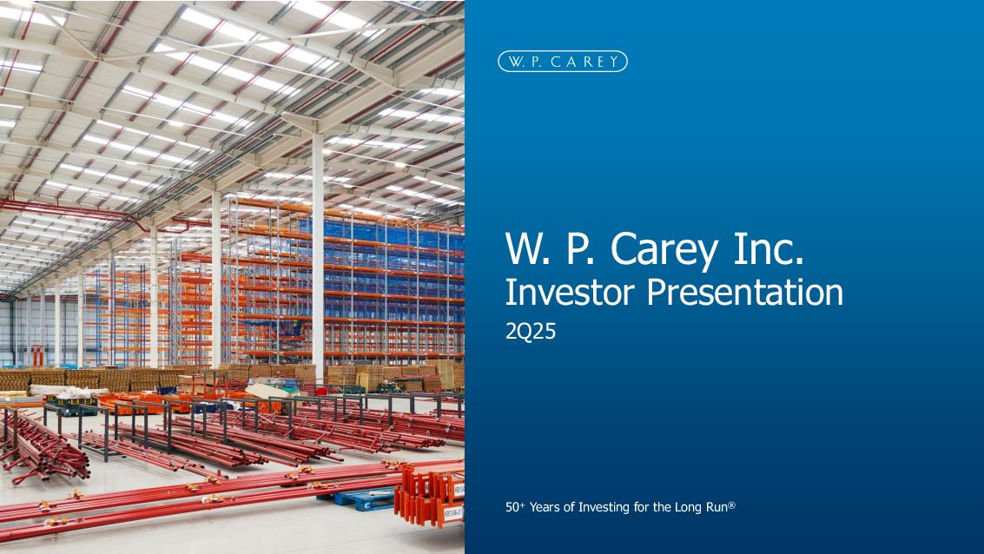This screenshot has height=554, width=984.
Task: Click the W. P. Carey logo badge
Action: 562,62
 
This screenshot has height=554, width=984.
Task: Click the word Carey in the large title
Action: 664,249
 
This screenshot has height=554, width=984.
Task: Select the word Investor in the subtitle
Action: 571,292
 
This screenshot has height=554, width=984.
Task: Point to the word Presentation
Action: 745,292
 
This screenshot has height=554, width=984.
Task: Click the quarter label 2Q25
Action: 531,331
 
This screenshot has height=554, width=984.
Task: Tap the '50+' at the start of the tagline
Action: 515,507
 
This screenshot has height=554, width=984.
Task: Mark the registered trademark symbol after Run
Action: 731,505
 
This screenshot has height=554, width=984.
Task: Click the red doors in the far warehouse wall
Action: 38,356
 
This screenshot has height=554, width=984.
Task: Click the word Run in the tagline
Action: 716,507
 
